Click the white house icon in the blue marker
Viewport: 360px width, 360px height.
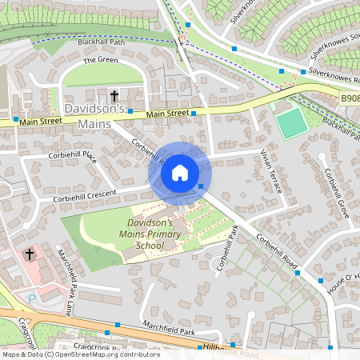point(180,172)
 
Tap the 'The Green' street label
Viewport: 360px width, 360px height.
point(100,60)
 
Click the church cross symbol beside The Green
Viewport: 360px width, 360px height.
point(114,95)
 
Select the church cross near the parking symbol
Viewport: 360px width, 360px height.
point(30,254)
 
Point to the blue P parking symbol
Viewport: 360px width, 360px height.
point(32,298)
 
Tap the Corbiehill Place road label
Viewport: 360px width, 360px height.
point(73,157)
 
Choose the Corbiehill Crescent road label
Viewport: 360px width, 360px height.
point(85,194)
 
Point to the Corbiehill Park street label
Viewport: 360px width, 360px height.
point(228,247)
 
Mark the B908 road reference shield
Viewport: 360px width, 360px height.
point(349,98)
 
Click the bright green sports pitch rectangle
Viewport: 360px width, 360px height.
point(293,123)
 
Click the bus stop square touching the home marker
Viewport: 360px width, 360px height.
point(201,186)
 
